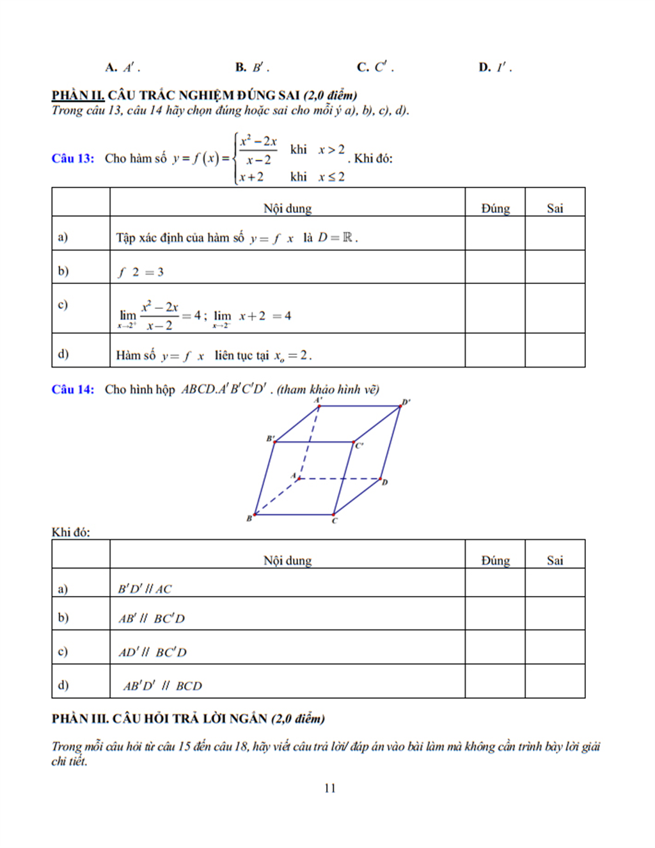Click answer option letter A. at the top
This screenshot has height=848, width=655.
pyautogui.click(x=111, y=67)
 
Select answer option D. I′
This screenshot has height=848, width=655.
pyautogui.click(x=494, y=67)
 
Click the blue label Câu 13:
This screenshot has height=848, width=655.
pyautogui.click(x=73, y=159)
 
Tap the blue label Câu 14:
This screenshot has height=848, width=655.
pyautogui.click(x=73, y=389)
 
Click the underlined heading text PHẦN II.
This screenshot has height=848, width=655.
pyautogui.click(x=78, y=95)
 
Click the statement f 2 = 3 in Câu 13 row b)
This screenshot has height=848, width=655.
pyautogui.click(x=141, y=272)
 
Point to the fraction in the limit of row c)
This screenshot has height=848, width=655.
pyautogui.click(x=160, y=316)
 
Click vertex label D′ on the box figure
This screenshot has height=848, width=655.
pyautogui.click(x=406, y=402)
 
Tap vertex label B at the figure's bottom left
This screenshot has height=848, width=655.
pyautogui.click(x=249, y=518)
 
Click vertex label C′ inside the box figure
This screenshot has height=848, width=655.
pyautogui.click(x=359, y=446)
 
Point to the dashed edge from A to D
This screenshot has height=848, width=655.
pyautogui.click(x=339, y=478)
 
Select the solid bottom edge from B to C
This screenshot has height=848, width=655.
pyautogui.click(x=294, y=514)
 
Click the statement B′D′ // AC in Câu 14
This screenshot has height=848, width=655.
pyautogui.click(x=145, y=589)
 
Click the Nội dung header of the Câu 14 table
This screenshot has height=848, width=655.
pyautogui.click(x=287, y=561)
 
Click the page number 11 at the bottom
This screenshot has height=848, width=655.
pyautogui.click(x=330, y=788)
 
